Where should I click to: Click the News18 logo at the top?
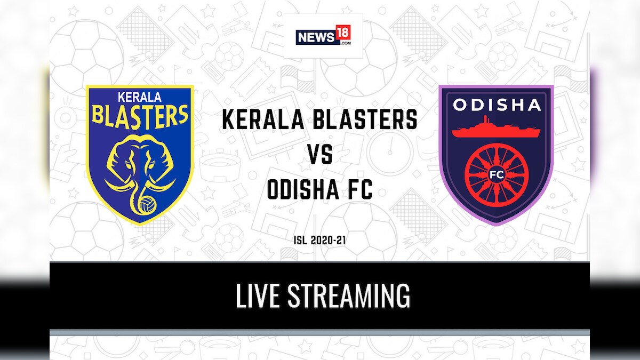pyautogui.click(x=323, y=36)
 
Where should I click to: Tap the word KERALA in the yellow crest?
pyautogui.click(x=140, y=98)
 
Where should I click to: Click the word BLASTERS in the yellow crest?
pyautogui.click(x=140, y=115)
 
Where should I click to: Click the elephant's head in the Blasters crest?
pyautogui.click(x=140, y=155)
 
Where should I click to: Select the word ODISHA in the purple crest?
pyautogui.click(x=496, y=105)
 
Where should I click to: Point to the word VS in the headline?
pyautogui.click(x=319, y=156)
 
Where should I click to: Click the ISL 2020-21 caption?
pyautogui.click(x=320, y=241)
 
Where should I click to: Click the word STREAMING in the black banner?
pyautogui.click(x=349, y=297)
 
